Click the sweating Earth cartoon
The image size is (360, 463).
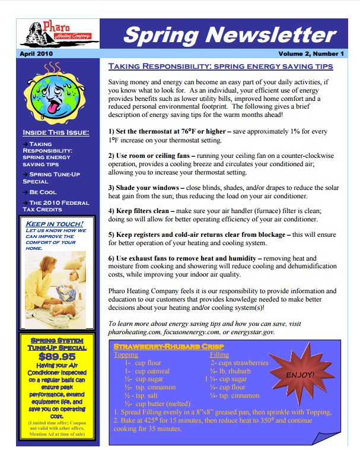pos(56,89)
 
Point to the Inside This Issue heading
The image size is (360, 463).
pos(56,132)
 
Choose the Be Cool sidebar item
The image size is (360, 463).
pos(43,192)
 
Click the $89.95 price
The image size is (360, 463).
pos(57,357)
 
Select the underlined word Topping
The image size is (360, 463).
pos(125,354)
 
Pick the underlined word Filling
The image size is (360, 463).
pos(220,354)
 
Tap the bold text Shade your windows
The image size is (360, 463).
pos(147,187)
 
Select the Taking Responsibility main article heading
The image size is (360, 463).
pos(220,66)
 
